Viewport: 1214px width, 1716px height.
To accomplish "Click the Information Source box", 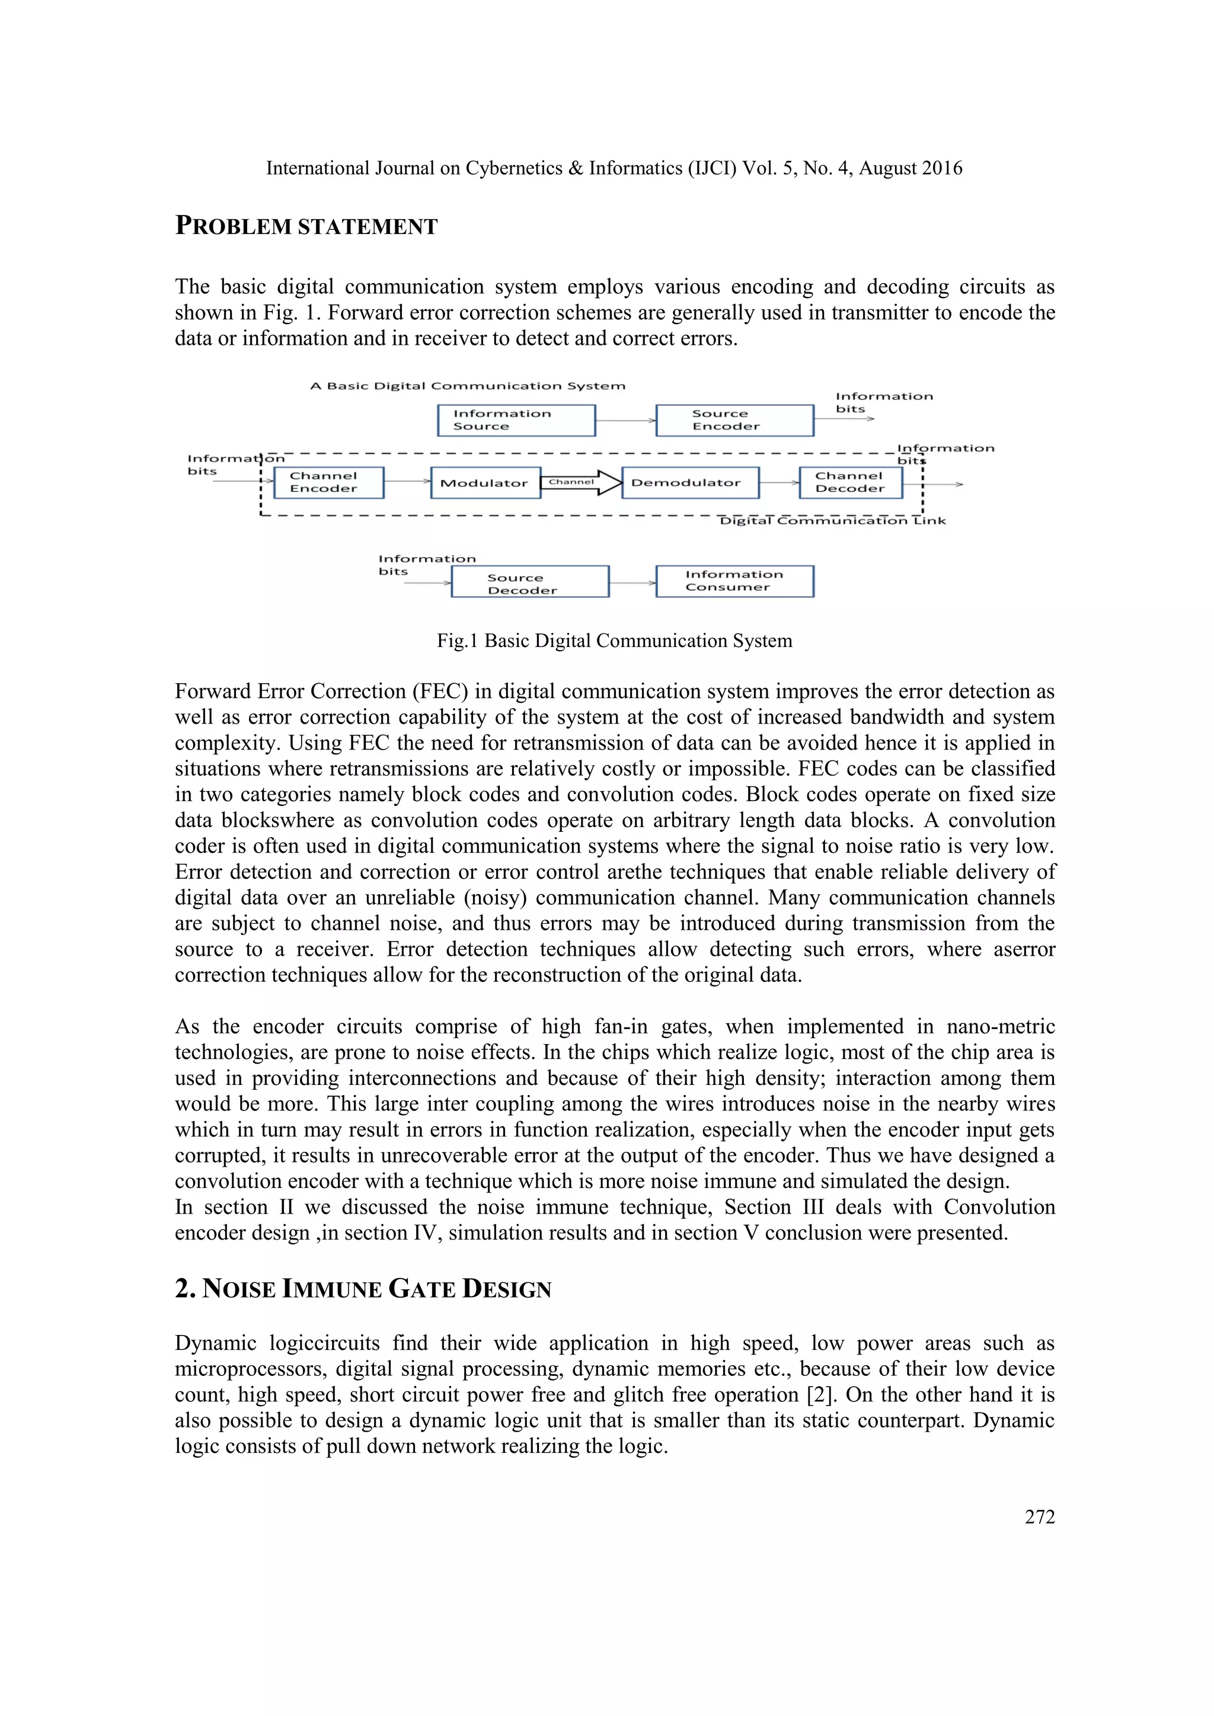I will click(516, 420).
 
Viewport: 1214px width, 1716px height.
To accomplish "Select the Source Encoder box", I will click(734, 420).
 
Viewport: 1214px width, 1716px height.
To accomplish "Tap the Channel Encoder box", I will click(328, 482).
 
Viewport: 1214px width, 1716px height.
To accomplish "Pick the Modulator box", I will click(484, 483).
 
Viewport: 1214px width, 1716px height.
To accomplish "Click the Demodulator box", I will click(690, 483).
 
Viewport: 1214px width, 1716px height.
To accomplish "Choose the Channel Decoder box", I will click(850, 482).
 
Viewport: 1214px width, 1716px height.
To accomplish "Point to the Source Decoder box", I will click(529, 581).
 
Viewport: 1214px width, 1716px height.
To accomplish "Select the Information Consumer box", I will click(734, 581).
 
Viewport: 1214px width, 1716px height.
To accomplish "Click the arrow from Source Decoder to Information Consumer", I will click(632, 582).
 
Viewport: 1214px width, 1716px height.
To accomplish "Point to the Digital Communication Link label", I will click(832, 521).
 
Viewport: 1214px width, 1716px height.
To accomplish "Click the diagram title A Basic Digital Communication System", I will click(467, 386).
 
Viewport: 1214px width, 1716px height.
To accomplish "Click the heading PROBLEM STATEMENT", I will click(306, 226).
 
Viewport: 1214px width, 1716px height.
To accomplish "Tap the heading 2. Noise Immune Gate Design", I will click(363, 1289).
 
